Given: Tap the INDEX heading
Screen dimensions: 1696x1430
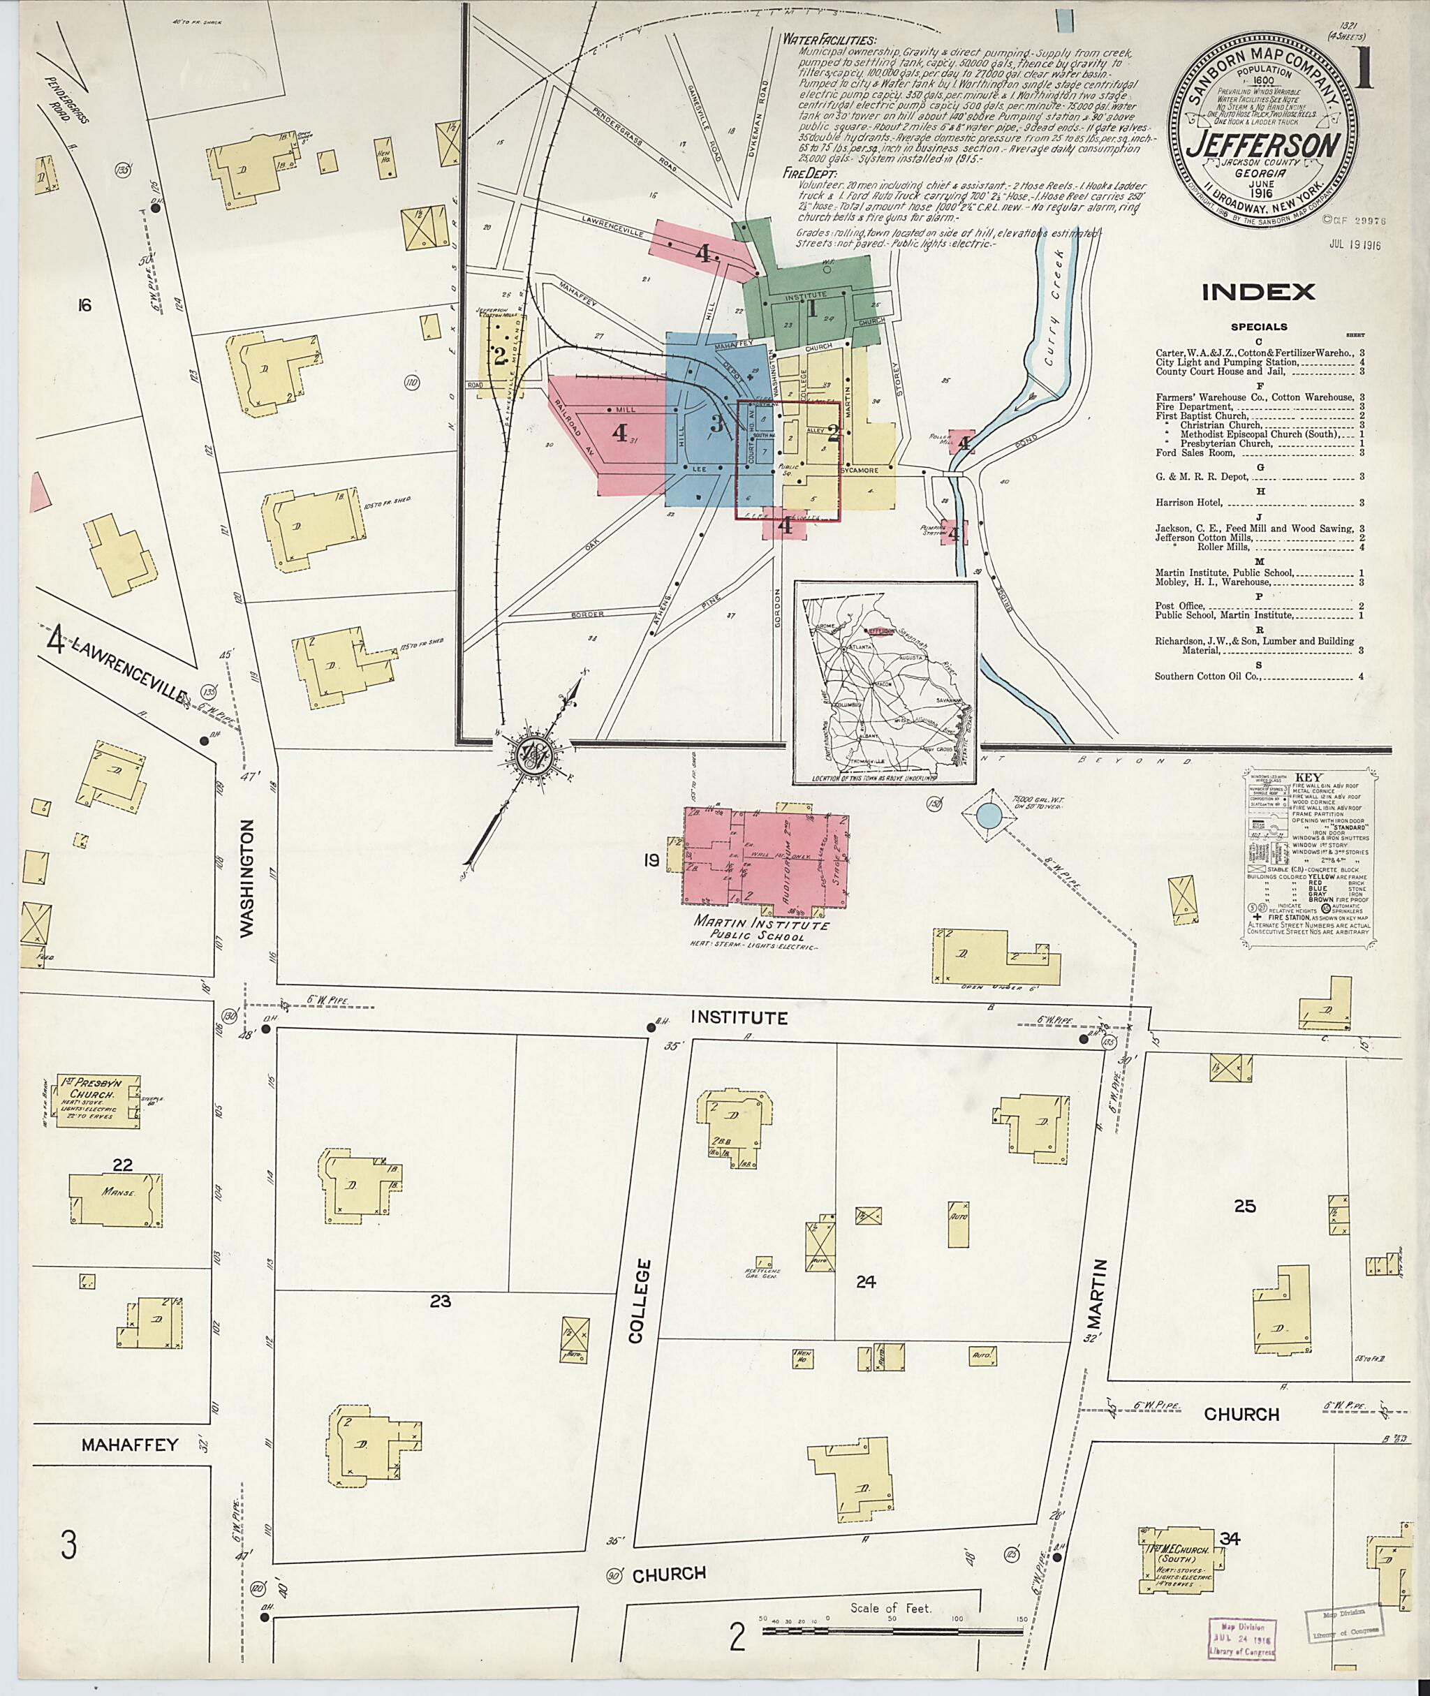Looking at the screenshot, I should tap(1258, 292).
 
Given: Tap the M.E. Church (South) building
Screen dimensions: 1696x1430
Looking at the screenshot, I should tap(1175, 1561).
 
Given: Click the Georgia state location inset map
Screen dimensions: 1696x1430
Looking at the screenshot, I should tap(885, 683).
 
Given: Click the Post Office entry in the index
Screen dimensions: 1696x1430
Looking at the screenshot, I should tap(1179, 605).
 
